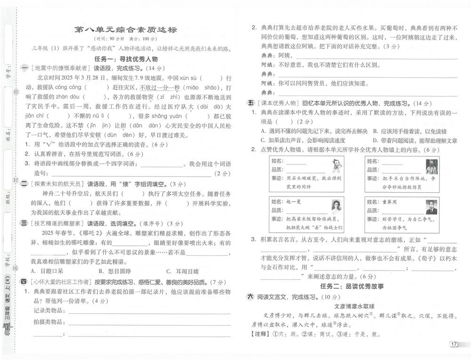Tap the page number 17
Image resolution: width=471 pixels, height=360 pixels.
coord(454,344)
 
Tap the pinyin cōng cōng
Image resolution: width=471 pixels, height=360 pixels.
coord(68,87)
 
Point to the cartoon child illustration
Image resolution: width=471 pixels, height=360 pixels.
coord(336,166)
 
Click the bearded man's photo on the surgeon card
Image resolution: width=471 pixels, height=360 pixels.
coord(431,166)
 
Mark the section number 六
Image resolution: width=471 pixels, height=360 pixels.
coord(251,297)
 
